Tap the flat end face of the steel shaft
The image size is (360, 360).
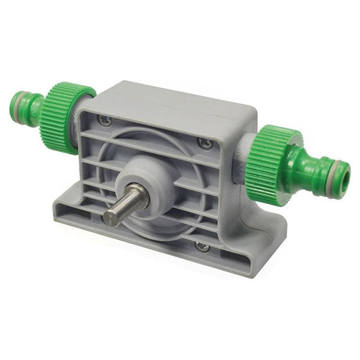111,215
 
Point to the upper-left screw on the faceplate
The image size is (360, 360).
105,120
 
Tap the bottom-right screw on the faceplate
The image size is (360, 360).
201,246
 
